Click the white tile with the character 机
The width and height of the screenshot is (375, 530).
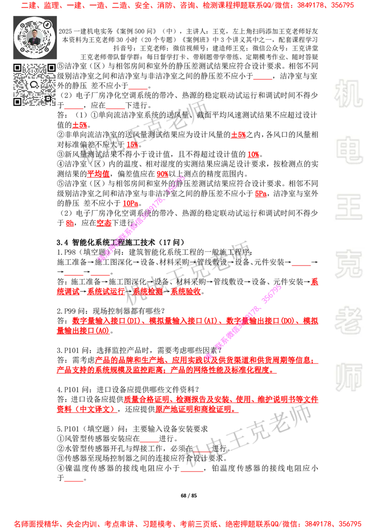coord(348,94)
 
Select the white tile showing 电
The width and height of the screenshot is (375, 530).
coord(350,150)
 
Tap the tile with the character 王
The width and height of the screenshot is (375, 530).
coord(348,207)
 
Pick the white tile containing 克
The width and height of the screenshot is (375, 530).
coord(348,264)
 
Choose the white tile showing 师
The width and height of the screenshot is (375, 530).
coord(348,378)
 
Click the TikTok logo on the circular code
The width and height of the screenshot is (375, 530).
coord(47,24)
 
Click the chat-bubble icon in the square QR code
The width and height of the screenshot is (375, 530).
coord(34,85)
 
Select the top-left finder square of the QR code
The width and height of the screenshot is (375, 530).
coord(18,68)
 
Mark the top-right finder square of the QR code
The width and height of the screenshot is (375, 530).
coord(51,68)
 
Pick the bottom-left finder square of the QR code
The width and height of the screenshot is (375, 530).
coord(18,101)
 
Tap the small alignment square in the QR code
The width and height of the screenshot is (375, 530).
coord(48,98)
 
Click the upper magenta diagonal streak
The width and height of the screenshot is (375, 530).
coord(141,218)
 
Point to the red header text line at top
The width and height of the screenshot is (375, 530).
coord(187,6)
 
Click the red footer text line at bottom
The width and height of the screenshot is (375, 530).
coord(187,523)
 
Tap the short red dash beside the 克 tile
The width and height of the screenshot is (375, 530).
coord(301,265)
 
